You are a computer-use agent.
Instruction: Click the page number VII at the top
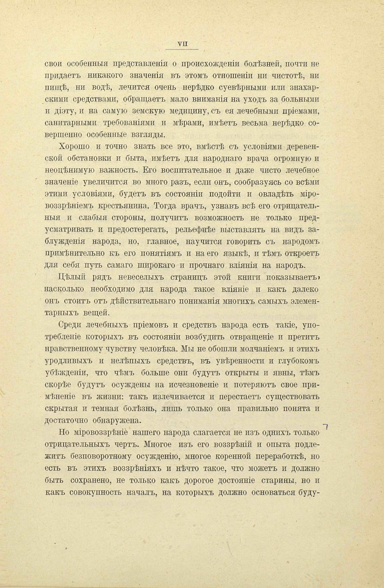(x=182, y=44)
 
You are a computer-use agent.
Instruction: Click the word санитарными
(x=70, y=123)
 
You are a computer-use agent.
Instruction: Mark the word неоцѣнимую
(x=67, y=171)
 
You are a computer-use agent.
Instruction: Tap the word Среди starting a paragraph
(x=69, y=325)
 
